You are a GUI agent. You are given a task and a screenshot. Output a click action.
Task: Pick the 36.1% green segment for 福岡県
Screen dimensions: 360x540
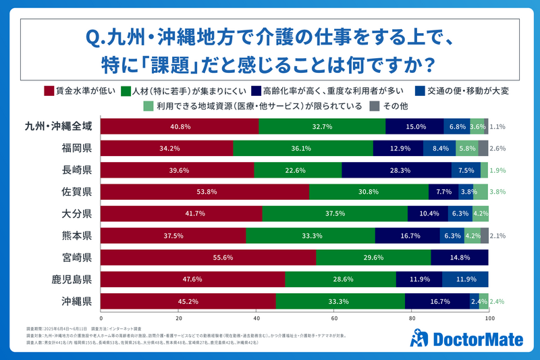(x=303, y=148)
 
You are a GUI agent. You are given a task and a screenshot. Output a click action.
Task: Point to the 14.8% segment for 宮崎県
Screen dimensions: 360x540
(x=459, y=257)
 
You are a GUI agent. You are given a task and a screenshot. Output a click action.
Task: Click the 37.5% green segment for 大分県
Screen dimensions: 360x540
(x=335, y=213)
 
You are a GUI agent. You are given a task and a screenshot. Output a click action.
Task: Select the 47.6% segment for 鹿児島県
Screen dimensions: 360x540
(x=193, y=280)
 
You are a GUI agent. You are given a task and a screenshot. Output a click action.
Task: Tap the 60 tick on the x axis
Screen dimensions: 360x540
(x=334, y=317)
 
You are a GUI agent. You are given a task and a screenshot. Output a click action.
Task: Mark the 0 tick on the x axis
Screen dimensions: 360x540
(x=101, y=317)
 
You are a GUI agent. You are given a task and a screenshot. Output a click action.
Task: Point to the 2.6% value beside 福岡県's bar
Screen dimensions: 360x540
(x=500, y=148)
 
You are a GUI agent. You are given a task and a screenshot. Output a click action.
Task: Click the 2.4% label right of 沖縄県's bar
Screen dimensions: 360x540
(x=500, y=301)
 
